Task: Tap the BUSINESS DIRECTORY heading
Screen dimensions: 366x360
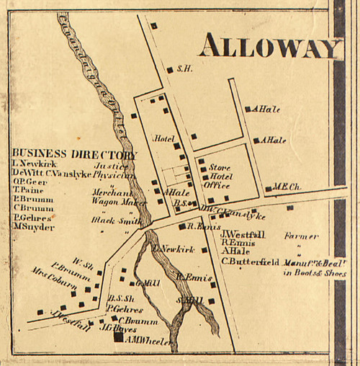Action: [74, 154]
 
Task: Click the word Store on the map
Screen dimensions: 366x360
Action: [220, 166]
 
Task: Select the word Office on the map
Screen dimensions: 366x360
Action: [217, 185]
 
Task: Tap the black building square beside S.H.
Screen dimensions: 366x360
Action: [170, 70]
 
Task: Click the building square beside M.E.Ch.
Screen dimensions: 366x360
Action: [269, 189]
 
